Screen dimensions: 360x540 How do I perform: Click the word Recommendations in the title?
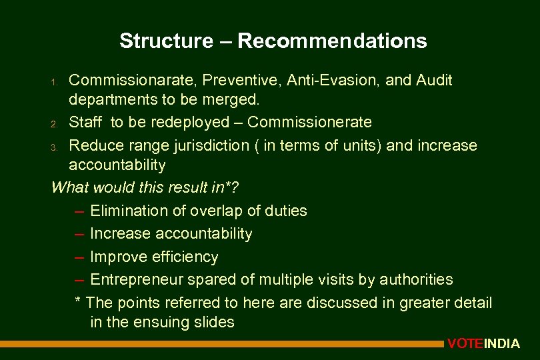[332, 41]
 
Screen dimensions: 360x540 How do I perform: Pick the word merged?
[233, 100]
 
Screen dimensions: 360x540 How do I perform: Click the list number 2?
[57, 123]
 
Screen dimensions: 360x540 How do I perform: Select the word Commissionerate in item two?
[309, 123]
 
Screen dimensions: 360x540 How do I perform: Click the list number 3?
[57, 146]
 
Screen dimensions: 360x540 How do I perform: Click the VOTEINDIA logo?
[483, 344]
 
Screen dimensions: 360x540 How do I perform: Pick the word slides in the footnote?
[213, 323]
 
